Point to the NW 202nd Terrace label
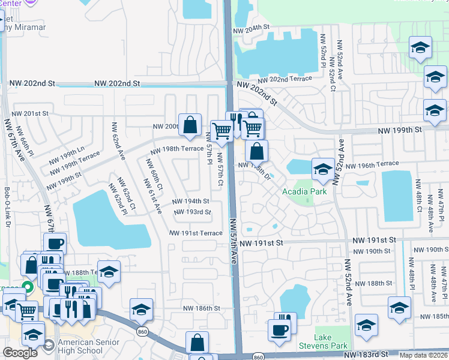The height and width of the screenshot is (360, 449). (x=285, y=79)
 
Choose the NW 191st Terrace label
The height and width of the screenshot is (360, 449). (x=196, y=233)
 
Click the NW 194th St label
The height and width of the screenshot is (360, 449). (x=191, y=201)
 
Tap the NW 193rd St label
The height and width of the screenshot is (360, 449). (x=192, y=212)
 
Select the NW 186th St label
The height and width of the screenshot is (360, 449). (x=202, y=308)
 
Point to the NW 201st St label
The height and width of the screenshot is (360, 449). (x=30, y=113)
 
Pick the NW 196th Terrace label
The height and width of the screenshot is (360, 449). (x=380, y=164)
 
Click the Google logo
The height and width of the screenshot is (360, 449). (x=20, y=353)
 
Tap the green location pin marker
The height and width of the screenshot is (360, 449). (x=26, y=287)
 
